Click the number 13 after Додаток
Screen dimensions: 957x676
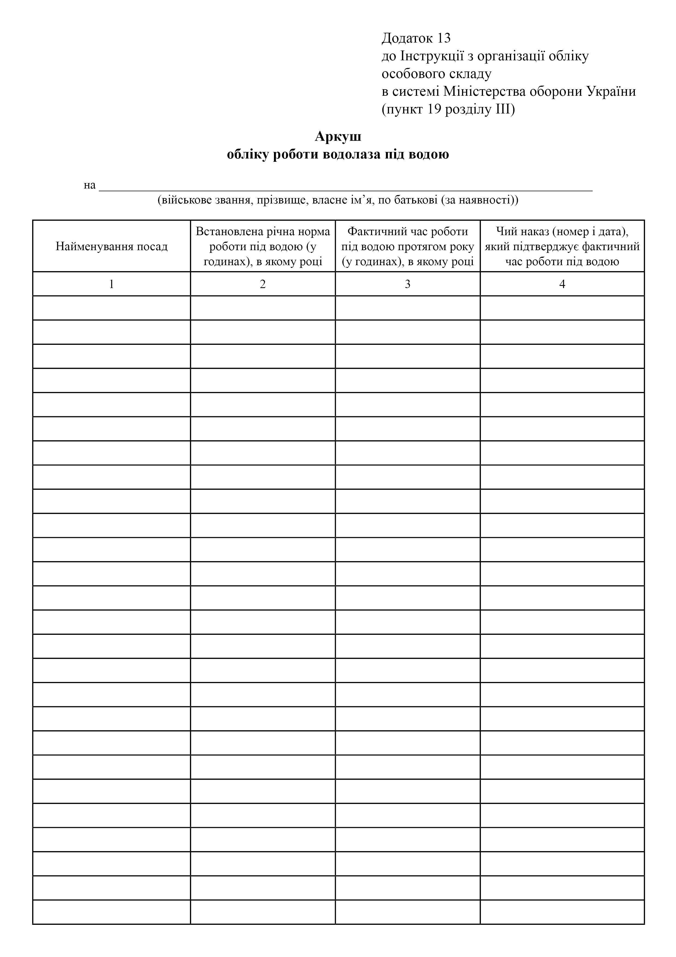tap(443, 38)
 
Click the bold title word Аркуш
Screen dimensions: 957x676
tap(338, 136)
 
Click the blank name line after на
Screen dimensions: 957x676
tap(346, 187)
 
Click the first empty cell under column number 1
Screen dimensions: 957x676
tap(112, 308)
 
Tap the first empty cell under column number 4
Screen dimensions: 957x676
tap(562, 308)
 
